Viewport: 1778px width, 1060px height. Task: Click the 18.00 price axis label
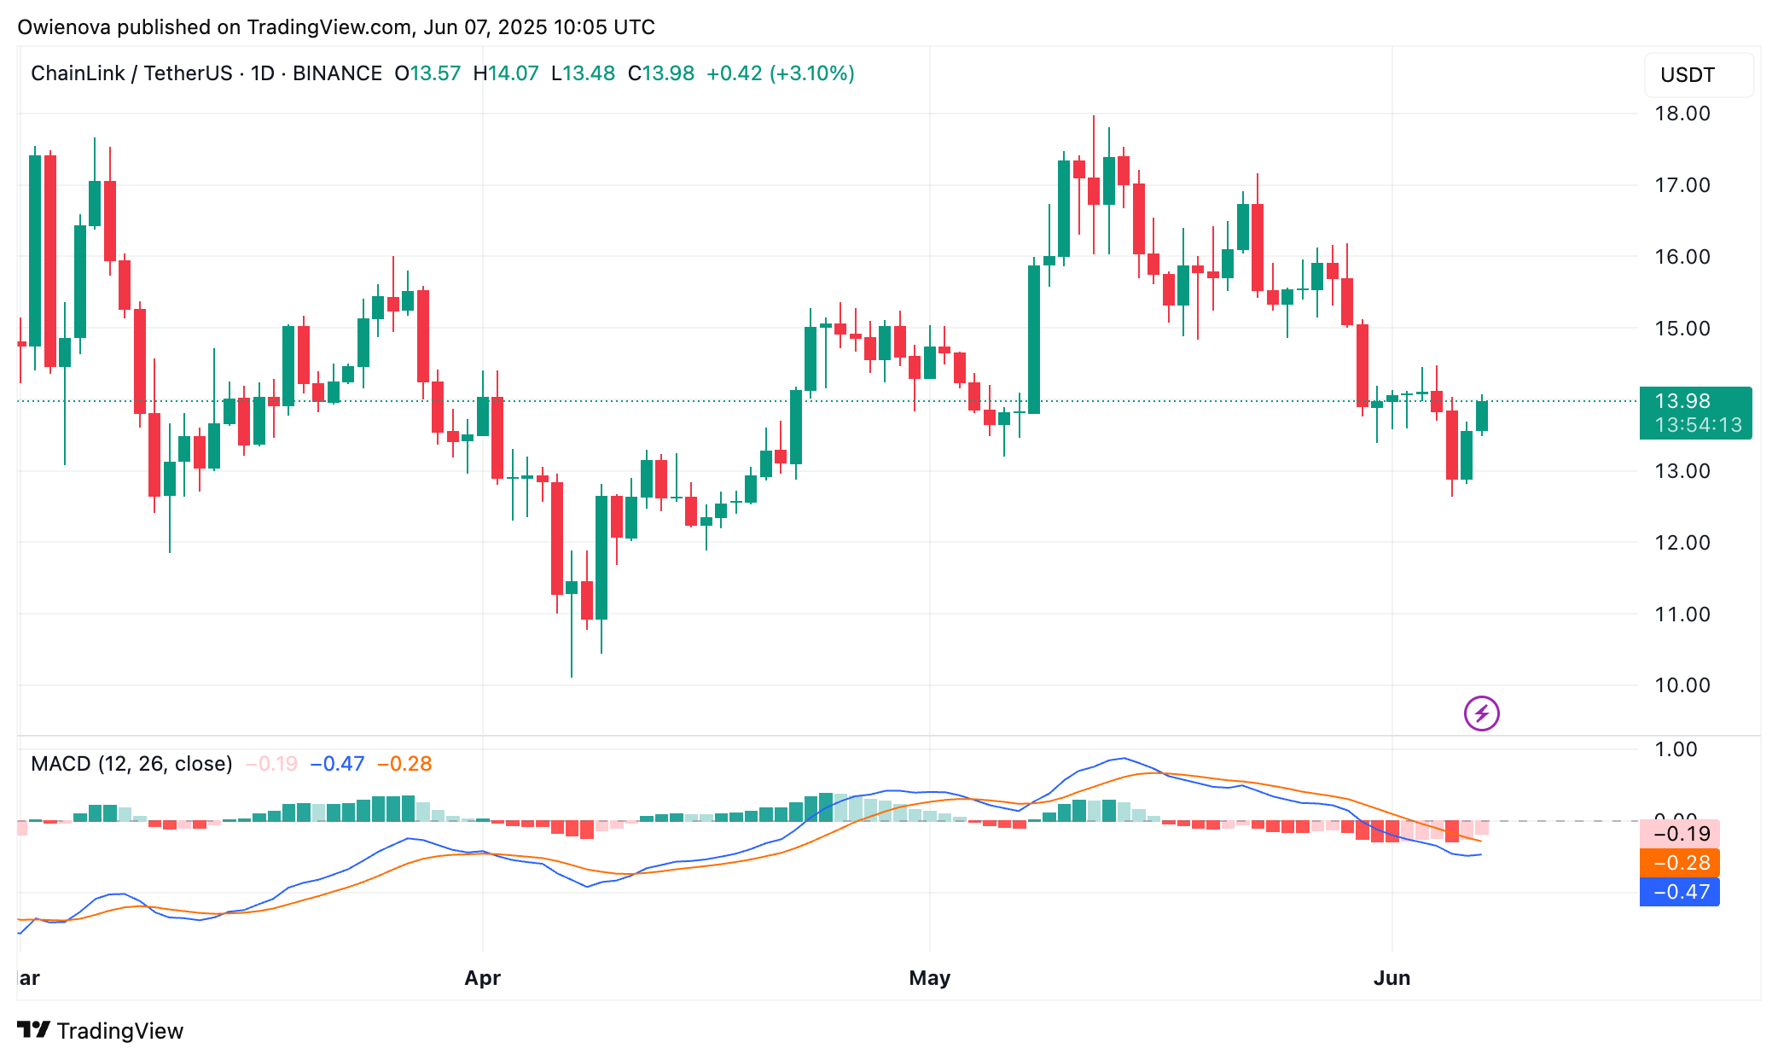coord(1682,114)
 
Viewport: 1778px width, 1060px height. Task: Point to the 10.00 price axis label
coord(1682,685)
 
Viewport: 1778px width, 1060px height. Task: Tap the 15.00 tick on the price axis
coord(1682,329)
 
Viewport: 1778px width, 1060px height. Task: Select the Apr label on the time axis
coord(482,978)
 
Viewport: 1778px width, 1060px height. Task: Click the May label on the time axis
coord(929,978)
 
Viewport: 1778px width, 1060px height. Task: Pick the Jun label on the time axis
coord(1392,978)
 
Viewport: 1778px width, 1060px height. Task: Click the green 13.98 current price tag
coord(1695,412)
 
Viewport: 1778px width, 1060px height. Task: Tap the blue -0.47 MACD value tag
coord(1679,892)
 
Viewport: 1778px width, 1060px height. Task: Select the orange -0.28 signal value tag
coord(1679,863)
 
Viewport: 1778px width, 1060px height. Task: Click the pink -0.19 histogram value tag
coord(1679,834)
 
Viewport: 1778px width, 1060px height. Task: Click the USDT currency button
coord(1687,75)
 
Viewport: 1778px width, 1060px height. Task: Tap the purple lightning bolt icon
coord(1482,713)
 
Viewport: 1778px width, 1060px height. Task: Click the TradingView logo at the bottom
coord(101,1031)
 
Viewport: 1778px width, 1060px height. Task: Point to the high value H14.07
coord(506,73)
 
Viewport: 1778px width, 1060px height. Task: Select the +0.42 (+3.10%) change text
coord(780,73)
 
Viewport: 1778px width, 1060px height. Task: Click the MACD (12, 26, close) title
coord(131,764)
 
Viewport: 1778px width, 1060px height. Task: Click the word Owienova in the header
coord(64,27)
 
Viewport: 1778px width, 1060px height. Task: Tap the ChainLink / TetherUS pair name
coord(131,73)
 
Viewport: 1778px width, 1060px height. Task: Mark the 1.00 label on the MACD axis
coord(1676,749)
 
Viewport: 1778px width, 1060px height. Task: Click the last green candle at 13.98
coord(1482,416)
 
